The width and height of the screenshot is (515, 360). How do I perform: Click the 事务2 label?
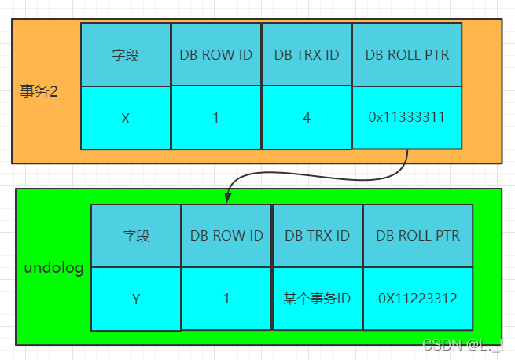39,90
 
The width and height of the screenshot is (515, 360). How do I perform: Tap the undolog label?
53,269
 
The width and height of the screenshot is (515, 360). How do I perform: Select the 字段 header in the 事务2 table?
125,55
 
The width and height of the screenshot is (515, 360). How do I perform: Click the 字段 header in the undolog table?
135,236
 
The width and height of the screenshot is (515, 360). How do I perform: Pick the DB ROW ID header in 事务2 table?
215,55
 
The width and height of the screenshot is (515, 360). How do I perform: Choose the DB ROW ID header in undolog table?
226,236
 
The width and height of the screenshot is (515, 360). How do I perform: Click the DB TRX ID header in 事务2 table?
306,55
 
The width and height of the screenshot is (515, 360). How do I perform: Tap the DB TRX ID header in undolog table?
317,236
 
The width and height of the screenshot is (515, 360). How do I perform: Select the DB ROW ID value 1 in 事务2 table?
215,118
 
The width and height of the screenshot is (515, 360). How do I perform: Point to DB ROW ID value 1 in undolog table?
226,299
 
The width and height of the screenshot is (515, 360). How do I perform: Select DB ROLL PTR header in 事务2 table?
406,55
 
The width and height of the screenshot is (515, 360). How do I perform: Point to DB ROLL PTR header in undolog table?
418,236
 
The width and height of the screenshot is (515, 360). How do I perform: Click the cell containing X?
125,119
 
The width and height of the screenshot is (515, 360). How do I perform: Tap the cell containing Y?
135,299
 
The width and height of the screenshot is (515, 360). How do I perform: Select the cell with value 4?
306,118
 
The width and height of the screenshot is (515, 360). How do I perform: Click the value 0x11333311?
406,117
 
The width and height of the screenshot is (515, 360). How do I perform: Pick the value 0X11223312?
418,299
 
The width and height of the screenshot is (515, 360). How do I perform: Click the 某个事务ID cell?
317,299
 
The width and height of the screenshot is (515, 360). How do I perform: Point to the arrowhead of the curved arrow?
227,197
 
